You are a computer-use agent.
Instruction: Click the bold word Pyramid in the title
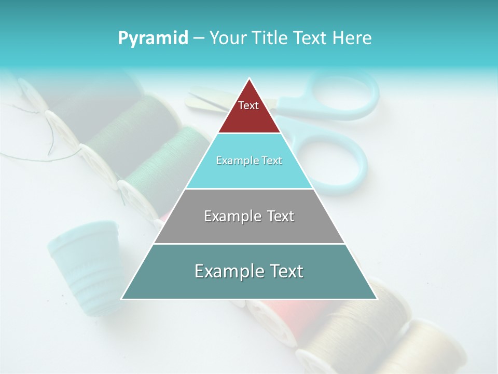[153, 38]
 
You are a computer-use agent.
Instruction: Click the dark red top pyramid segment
[249, 112]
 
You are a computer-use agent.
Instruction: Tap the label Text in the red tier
[248, 105]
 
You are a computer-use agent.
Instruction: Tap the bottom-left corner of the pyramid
[121, 299]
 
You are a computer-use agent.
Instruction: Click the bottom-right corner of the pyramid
[377, 299]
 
